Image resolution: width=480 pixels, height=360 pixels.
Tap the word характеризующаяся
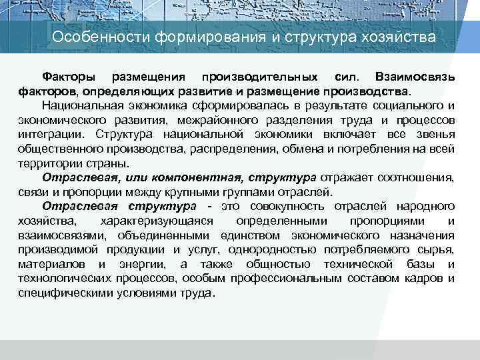pyautogui.click(x=155, y=221)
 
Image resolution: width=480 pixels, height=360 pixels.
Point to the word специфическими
pyautogui.click(x=61, y=293)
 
